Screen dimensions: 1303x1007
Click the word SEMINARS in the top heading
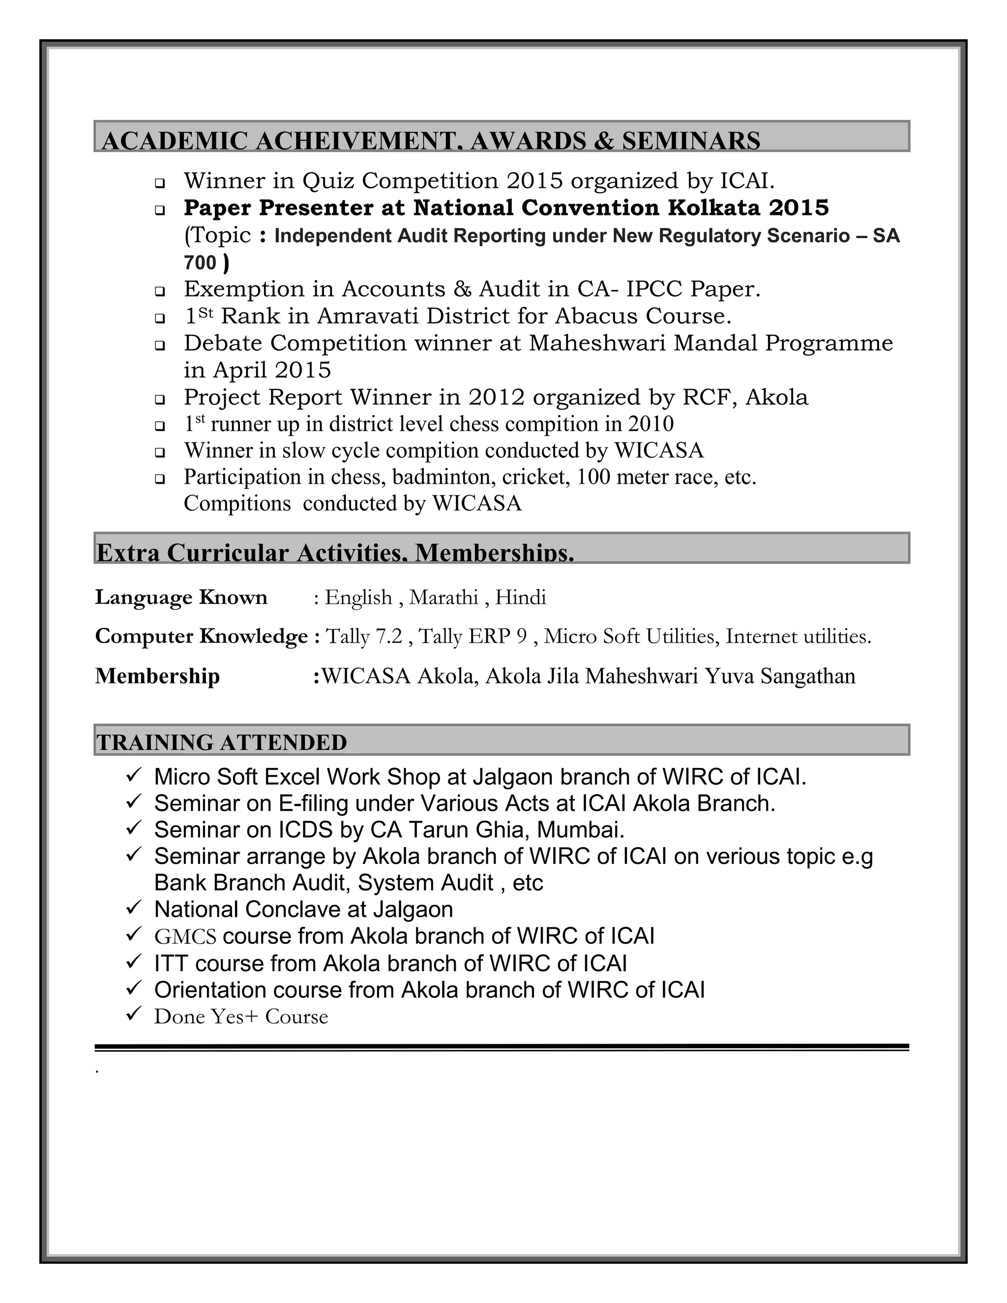pos(691,142)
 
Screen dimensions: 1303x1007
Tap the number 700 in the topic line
pos(200,263)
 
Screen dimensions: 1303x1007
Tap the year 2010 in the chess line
pos(650,424)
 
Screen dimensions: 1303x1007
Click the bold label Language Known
pos(181,597)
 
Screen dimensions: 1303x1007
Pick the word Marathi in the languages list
pos(444,597)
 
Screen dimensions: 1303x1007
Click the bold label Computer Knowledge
pos(201,637)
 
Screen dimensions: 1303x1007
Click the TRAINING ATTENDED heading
pos(221,743)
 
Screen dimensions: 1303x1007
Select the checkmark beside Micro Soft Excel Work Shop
pos(133,775)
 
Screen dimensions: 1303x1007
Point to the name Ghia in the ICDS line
pos(503,830)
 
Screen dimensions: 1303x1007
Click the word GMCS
pos(185,937)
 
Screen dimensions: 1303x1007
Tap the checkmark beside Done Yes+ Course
pos(133,1014)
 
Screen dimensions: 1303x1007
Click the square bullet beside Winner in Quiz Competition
pos(160,182)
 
